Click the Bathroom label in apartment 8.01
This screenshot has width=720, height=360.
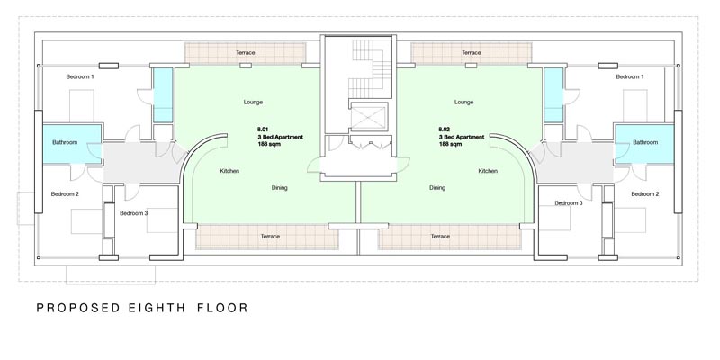click(65, 142)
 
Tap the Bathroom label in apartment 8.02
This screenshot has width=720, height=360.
click(645, 142)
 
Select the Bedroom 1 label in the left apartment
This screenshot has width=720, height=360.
click(80, 76)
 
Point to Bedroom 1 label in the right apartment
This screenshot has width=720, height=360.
click(629, 76)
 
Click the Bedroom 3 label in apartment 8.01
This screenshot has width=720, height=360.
click(133, 213)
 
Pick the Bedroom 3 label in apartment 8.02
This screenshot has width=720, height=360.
click(569, 203)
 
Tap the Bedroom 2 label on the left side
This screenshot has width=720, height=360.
click(65, 193)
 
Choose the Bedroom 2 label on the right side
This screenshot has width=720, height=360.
click(645, 193)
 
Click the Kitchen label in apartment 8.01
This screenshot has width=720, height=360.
click(229, 171)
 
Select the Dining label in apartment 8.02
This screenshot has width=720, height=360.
click(437, 187)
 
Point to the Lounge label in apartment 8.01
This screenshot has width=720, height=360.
click(253, 102)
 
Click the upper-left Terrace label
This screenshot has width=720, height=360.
click(245, 53)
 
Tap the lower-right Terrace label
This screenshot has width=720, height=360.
click(440, 236)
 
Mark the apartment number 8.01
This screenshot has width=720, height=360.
click(263, 130)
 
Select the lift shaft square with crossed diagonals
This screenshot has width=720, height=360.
click(369, 117)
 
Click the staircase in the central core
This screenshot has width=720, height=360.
click(370, 68)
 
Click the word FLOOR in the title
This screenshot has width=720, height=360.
click(222, 308)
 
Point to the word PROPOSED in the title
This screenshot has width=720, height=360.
click(78, 308)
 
